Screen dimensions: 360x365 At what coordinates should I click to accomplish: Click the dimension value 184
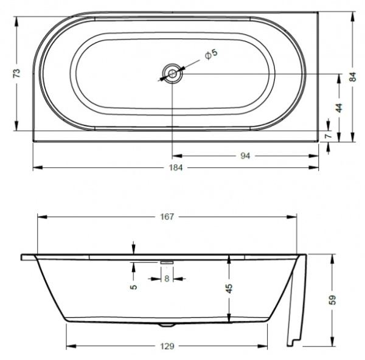[x=175, y=167]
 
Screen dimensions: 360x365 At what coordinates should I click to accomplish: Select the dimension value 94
[x=245, y=156]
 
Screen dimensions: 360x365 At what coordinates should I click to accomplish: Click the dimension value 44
[x=339, y=107]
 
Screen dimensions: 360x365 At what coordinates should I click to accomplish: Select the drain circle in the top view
[x=172, y=74]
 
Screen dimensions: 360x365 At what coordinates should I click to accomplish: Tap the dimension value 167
[x=167, y=216]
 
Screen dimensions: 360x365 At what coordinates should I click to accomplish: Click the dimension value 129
[x=167, y=347]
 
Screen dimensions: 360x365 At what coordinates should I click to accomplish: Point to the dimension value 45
[x=229, y=289]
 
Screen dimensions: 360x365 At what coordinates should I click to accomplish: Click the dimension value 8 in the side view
[x=167, y=279]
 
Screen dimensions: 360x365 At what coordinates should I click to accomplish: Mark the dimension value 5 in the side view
[x=133, y=286]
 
